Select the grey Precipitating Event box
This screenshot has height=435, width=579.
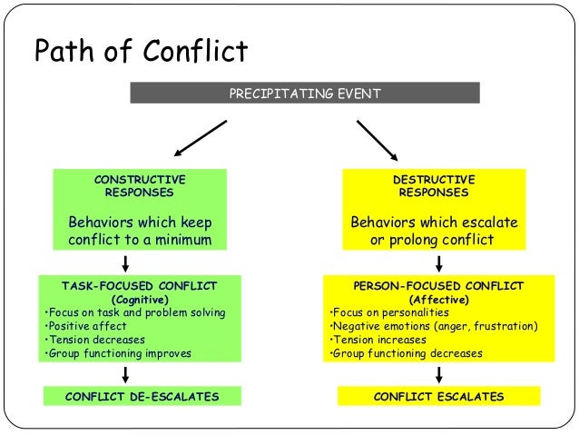point(305,93)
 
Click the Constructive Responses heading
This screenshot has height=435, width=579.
point(140,186)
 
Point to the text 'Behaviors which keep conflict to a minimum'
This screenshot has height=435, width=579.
point(140,232)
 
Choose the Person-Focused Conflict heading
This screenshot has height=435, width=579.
point(439,284)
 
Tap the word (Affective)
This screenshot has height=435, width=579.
point(439,299)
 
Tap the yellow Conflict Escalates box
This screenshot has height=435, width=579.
point(438,397)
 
